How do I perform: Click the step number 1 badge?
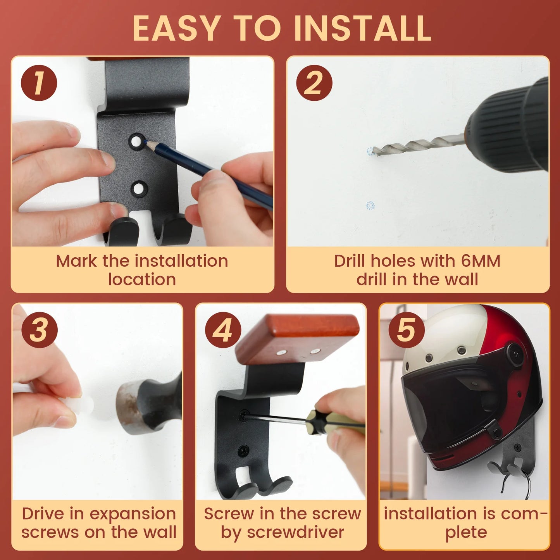tap(39, 83)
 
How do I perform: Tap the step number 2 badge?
tap(314, 83)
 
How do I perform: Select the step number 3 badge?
tap(40, 330)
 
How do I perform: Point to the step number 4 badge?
tap(223, 330)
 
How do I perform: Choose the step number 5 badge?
tap(407, 330)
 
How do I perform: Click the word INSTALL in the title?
tap(362, 28)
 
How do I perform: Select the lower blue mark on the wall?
tap(370, 205)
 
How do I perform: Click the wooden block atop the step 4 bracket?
tap(297, 338)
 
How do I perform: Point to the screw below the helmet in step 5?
tap(517, 448)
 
